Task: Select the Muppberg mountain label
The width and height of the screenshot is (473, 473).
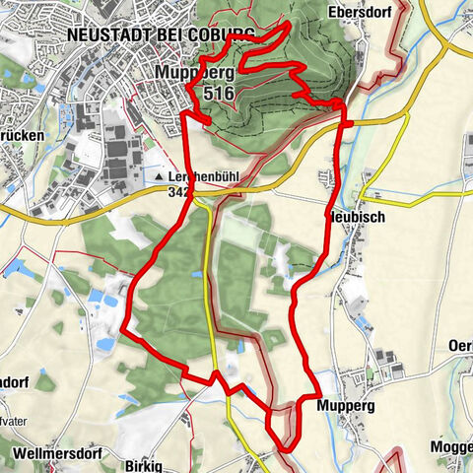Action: point(195,74)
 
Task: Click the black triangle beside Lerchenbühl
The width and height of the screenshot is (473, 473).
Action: point(159,176)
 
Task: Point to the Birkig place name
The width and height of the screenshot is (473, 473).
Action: point(145,463)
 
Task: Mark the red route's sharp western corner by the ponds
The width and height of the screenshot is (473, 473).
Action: point(122,332)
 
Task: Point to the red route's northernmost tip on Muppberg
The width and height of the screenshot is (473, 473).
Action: point(287,24)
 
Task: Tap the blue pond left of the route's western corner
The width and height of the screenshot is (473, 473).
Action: point(104,344)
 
